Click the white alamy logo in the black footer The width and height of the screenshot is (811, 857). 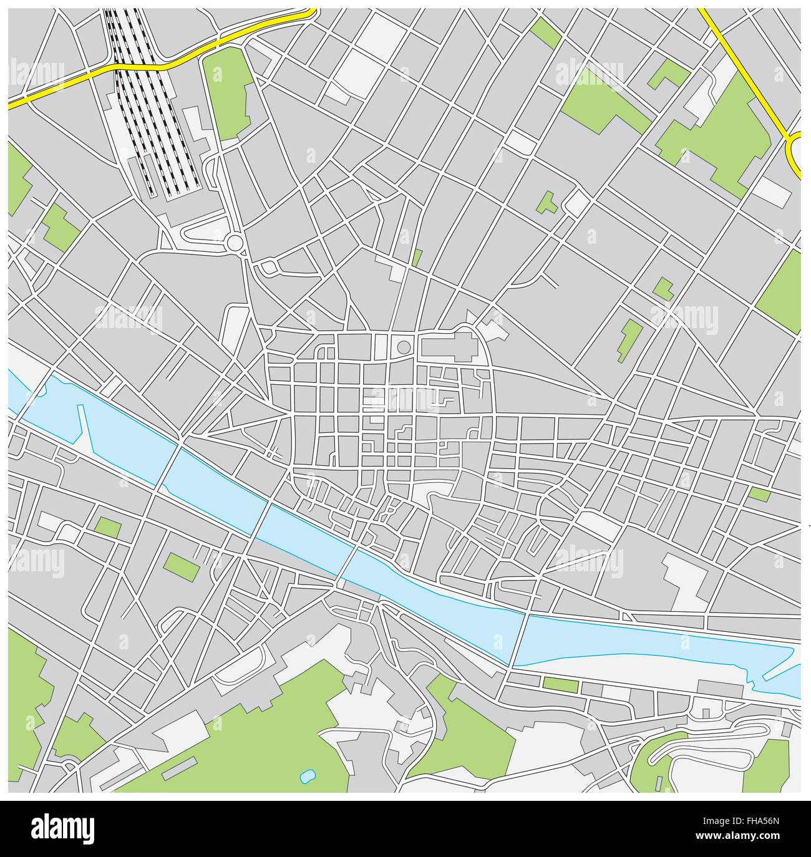point(63,828)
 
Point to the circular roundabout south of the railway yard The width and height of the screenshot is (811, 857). point(235,242)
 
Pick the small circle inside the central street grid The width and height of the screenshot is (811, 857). point(404,346)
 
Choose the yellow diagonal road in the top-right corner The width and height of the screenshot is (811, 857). point(742,69)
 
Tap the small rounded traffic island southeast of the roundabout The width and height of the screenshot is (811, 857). point(270,268)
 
